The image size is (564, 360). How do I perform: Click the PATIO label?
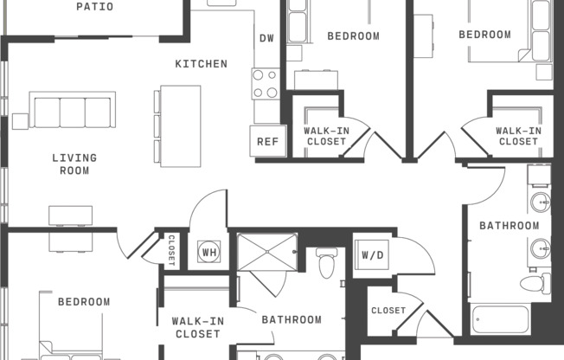[x=94, y=7]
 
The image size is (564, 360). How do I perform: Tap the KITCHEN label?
[x=201, y=64]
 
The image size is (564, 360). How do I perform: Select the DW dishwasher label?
[x=266, y=38]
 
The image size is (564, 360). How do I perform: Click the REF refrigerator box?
[x=266, y=141]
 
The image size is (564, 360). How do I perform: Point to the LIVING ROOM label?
[x=74, y=164]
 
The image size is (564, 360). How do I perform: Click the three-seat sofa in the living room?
[x=73, y=110]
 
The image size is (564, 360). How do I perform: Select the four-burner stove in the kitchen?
[x=266, y=83]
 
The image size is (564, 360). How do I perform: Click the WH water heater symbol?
[x=208, y=253]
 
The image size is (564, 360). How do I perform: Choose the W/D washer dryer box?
[x=372, y=255]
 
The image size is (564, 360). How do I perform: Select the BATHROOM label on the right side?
[x=510, y=226]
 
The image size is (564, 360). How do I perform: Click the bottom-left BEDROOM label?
[x=84, y=302]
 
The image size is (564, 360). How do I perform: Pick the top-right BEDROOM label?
[x=484, y=35]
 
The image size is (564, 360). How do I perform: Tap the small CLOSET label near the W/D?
[x=388, y=310]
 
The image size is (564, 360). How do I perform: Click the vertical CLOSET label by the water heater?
[x=170, y=248]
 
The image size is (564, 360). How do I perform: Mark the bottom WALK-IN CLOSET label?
[x=197, y=326]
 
